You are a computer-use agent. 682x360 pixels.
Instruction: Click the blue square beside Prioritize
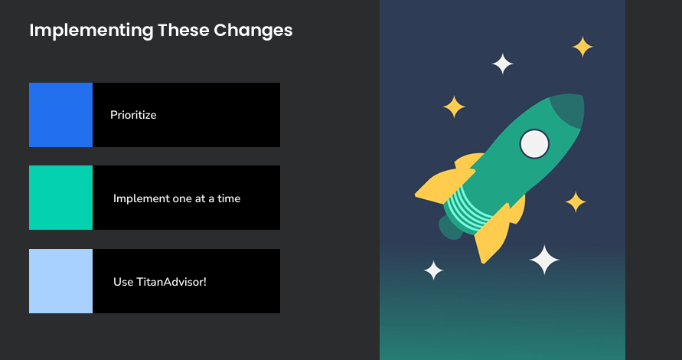[60, 115]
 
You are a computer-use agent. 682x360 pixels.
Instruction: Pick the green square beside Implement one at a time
[60, 198]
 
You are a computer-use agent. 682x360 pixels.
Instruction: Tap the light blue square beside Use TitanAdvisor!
[60, 281]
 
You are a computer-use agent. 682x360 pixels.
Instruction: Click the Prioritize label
[133, 115]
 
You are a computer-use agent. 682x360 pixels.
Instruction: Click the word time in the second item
[228, 198]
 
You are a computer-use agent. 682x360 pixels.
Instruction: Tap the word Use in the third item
[123, 282]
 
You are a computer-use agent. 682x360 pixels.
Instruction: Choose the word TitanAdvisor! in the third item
[171, 282]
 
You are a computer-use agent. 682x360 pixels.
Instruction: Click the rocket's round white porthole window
[534, 143]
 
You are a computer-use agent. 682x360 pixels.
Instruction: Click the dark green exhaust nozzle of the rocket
[450, 227]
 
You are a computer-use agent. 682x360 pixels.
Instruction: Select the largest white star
[545, 260]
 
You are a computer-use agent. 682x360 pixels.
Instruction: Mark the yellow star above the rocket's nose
[582, 47]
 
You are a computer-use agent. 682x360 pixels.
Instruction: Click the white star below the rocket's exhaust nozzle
[434, 270]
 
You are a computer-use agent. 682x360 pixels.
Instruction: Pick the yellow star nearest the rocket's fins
[576, 202]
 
